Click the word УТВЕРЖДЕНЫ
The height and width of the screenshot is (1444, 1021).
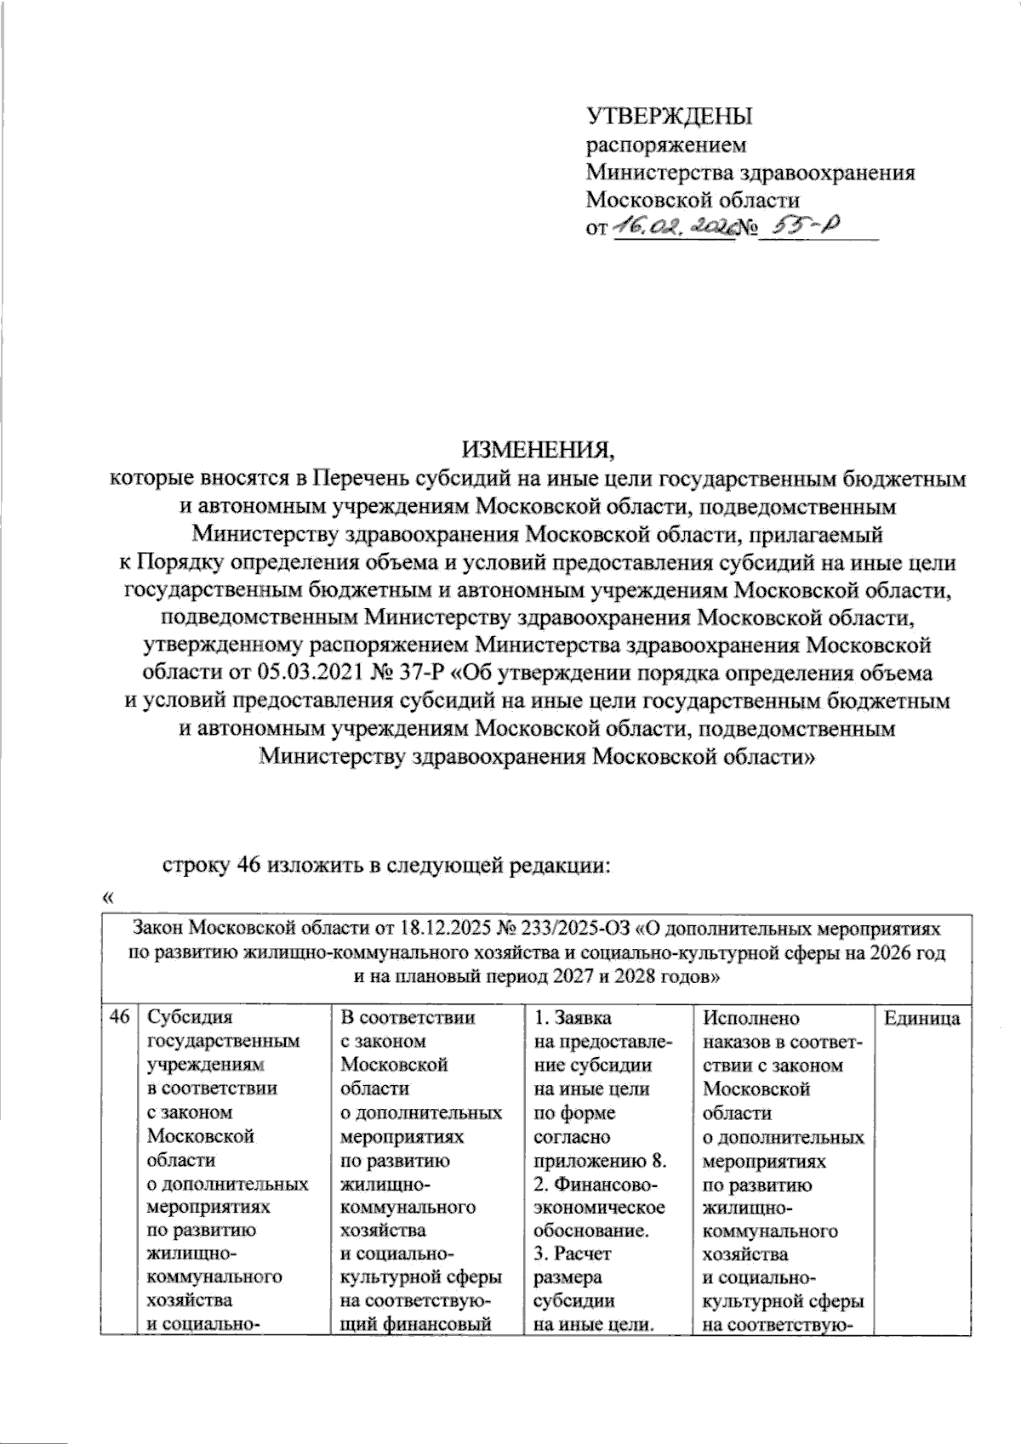670,116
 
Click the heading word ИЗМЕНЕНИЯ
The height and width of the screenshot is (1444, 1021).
537,449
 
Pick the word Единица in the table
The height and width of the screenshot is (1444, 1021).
922,1018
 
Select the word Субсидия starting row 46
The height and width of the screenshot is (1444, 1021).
189,1018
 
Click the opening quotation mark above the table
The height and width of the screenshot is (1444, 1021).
106,896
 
